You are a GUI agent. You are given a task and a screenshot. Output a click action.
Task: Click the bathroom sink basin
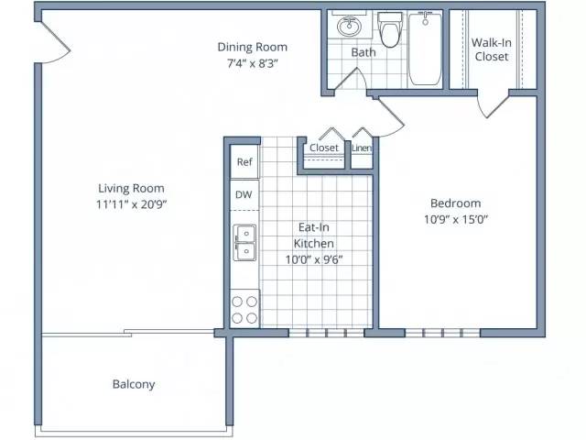pyautogui.click(x=350, y=27)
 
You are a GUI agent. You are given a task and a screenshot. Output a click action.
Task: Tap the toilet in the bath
pyautogui.click(x=390, y=29)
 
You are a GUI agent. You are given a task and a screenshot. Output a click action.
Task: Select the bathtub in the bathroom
pyautogui.click(x=425, y=49)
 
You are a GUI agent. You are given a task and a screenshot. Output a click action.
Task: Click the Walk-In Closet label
pyautogui.click(x=491, y=49)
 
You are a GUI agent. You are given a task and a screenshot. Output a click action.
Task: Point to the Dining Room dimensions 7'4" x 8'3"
pyautogui.click(x=253, y=63)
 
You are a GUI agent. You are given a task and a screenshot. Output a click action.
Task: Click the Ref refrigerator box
pyautogui.click(x=244, y=161)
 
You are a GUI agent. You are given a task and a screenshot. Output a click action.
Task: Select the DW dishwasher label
pyautogui.click(x=244, y=194)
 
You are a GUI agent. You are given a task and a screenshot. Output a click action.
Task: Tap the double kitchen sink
pyautogui.click(x=244, y=242)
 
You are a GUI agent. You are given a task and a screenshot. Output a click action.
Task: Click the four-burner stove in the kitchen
pyautogui.click(x=244, y=309)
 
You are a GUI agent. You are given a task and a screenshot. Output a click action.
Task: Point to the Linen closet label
pyautogui.click(x=362, y=148)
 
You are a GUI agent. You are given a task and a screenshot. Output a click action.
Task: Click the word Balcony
pyautogui.click(x=134, y=384)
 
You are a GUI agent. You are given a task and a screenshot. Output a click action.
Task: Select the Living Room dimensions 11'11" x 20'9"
pyautogui.click(x=131, y=204)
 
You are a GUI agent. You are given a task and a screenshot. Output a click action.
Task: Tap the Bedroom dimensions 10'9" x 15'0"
pyautogui.click(x=456, y=219)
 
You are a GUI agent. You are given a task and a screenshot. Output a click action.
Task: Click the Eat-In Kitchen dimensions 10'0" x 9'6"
pyautogui.click(x=314, y=259)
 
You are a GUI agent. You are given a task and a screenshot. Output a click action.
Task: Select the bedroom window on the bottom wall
pyautogui.click(x=442, y=333)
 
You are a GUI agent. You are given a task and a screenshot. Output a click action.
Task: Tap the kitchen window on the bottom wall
pyautogui.click(x=326, y=333)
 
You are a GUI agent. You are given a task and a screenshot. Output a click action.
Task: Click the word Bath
pyautogui.click(x=364, y=52)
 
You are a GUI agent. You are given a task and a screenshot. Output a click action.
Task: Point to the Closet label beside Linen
pyautogui.click(x=323, y=148)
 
